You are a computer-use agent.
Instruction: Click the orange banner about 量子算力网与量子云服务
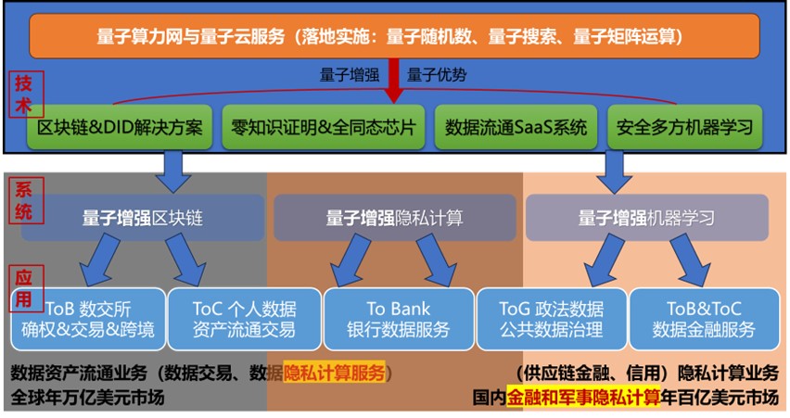394,36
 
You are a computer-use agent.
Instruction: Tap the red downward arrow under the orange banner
394,81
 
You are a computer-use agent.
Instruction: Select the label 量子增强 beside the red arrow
350,75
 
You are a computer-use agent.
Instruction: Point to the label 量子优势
437,75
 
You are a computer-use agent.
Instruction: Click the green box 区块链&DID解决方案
120,127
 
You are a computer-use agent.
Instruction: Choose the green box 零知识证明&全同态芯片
323,127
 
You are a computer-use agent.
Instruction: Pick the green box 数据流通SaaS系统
516,127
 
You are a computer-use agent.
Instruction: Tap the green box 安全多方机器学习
684,127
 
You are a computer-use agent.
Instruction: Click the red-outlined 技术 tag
23,95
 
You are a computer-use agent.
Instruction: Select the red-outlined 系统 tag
25,200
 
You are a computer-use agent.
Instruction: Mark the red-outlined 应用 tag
26,288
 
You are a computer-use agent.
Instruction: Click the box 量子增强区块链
143,218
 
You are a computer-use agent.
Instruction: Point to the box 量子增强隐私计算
394,218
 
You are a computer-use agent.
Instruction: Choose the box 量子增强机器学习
647,218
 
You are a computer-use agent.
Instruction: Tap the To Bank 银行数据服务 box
399,319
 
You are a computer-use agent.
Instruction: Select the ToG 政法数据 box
552,319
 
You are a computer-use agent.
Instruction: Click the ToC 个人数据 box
245,319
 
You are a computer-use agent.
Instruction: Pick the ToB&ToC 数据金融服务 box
705,319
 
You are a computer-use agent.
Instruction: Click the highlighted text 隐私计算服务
334,374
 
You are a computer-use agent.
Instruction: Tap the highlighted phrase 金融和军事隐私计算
583,398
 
